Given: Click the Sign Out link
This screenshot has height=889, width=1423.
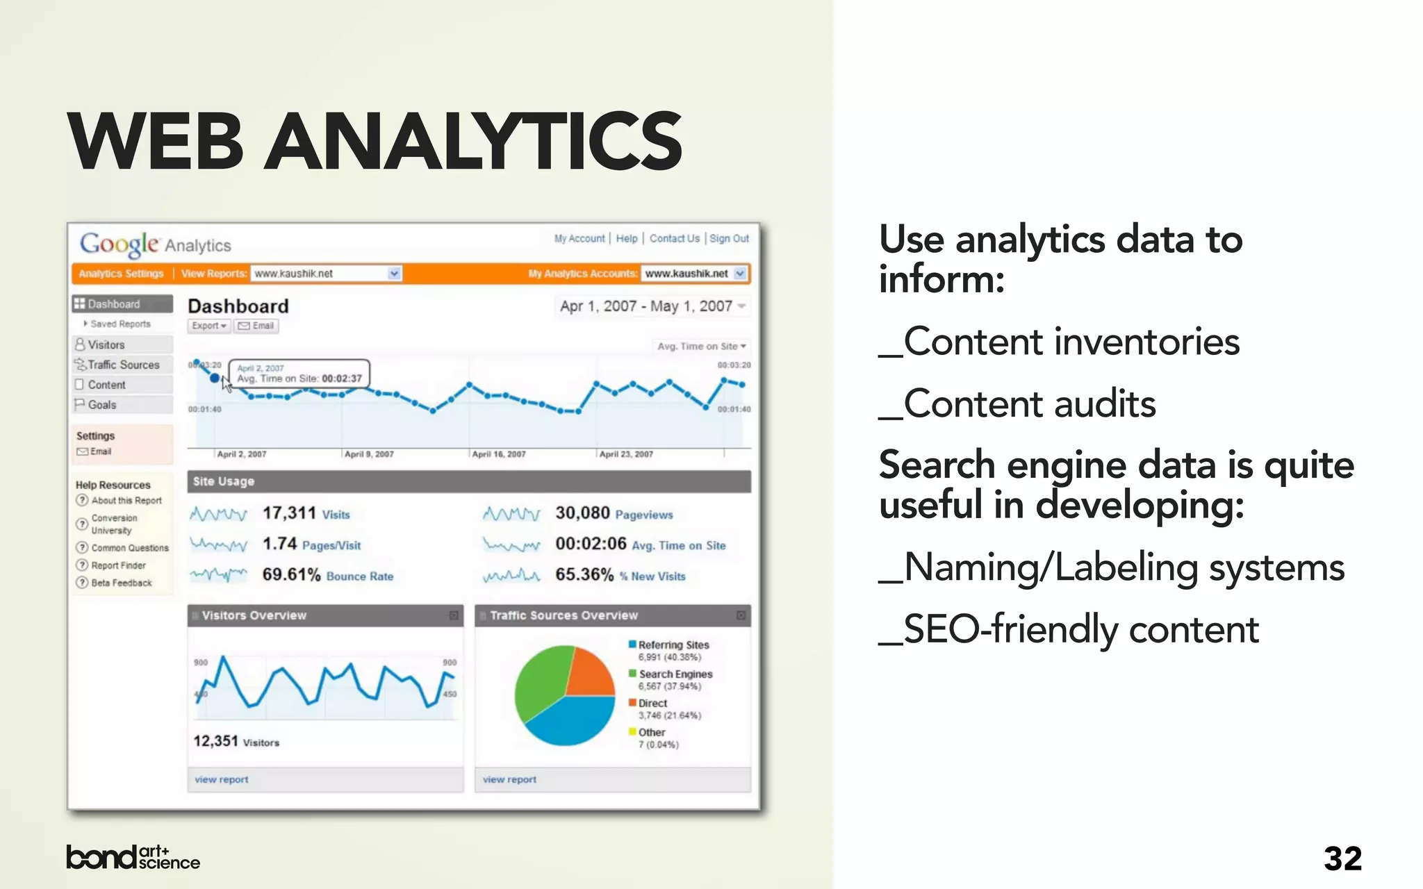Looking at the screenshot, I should click(729, 238).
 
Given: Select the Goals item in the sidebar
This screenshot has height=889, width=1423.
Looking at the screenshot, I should click(101, 405).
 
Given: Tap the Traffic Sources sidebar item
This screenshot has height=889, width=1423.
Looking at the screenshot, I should click(123, 365).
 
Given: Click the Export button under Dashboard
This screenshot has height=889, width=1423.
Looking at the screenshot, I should click(208, 326).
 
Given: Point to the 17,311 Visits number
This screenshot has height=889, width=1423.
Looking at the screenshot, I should click(289, 513).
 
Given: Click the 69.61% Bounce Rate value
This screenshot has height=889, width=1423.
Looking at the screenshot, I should click(291, 575).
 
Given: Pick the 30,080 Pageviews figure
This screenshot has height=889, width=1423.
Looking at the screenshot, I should click(582, 513).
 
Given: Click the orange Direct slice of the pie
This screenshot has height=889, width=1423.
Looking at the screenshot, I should click(588, 672).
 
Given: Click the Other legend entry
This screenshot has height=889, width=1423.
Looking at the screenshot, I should click(651, 732).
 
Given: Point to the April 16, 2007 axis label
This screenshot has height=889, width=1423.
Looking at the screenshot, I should click(498, 454).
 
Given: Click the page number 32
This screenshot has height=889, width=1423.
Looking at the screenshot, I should click(1342, 858).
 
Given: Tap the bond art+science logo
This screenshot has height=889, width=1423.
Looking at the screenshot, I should click(133, 857).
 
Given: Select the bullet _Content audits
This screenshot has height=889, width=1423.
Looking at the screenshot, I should click(1017, 404).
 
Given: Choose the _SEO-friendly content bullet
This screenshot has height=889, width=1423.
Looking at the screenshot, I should click(1069, 630).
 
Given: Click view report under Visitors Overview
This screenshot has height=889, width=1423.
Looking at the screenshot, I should click(221, 779).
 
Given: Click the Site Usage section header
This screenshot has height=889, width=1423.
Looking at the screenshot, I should click(224, 481).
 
